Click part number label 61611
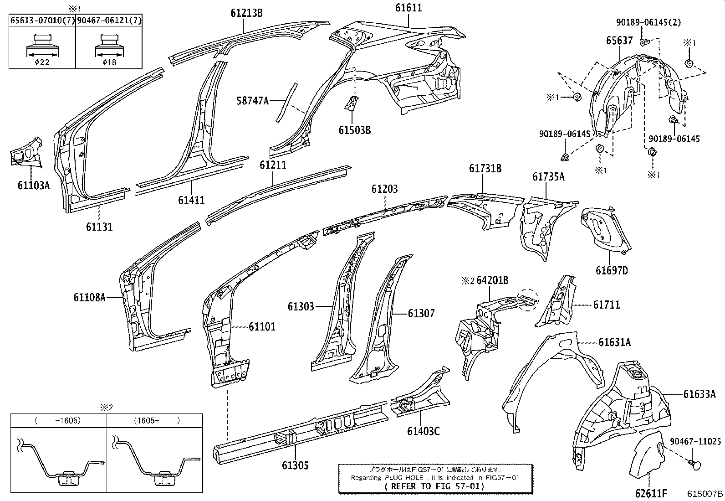(408, 8)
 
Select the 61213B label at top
(246, 12)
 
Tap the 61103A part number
(33, 185)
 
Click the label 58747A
(252, 100)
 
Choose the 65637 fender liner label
(619, 41)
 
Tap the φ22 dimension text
(41, 62)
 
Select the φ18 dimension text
(109, 62)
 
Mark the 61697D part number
(612, 270)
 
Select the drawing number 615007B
(705, 494)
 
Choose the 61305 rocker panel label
(295, 465)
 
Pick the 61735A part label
(548, 176)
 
